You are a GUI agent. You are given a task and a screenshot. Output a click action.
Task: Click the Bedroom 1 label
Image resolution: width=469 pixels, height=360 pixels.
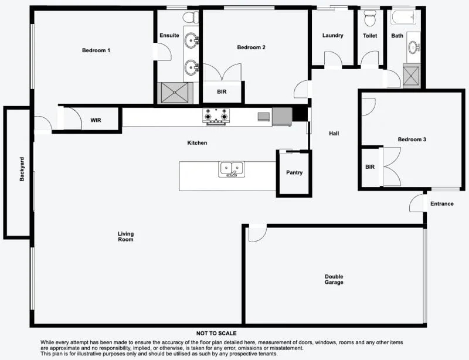[x=96, y=50]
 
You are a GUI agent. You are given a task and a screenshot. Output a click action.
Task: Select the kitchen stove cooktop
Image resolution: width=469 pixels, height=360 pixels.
[x=215, y=116]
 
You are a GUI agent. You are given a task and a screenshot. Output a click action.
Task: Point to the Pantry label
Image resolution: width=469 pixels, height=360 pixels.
[x=294, y=173]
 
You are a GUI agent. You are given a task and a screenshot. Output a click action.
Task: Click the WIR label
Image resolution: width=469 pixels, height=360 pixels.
[x=96, y=120]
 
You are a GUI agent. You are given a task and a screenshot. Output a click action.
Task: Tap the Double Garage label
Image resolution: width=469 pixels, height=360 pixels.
[x=334, y=279]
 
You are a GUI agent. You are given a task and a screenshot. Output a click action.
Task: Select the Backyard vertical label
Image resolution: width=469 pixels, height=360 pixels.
[x=22, y=169]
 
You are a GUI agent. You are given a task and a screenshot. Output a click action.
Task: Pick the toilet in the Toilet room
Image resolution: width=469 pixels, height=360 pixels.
[x=370, y=19]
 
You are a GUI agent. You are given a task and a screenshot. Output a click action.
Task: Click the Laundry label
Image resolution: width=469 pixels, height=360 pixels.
[x=332, y=36]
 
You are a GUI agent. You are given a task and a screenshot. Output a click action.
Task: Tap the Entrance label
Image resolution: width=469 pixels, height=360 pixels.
[x=442, y=204]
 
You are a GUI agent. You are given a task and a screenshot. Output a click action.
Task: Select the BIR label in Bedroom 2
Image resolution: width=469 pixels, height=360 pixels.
[x=222, y=92]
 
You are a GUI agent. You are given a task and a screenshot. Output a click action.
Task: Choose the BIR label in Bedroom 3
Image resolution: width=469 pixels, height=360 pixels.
[x=370, y=167]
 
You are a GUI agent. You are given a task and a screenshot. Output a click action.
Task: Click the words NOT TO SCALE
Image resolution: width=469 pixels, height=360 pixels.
[x=217, y=333]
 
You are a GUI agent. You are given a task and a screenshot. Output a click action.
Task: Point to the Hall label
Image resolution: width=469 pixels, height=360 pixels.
[x=334, y=134]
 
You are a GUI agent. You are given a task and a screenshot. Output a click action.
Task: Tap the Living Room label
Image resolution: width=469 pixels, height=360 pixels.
[x=125, y=236]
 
